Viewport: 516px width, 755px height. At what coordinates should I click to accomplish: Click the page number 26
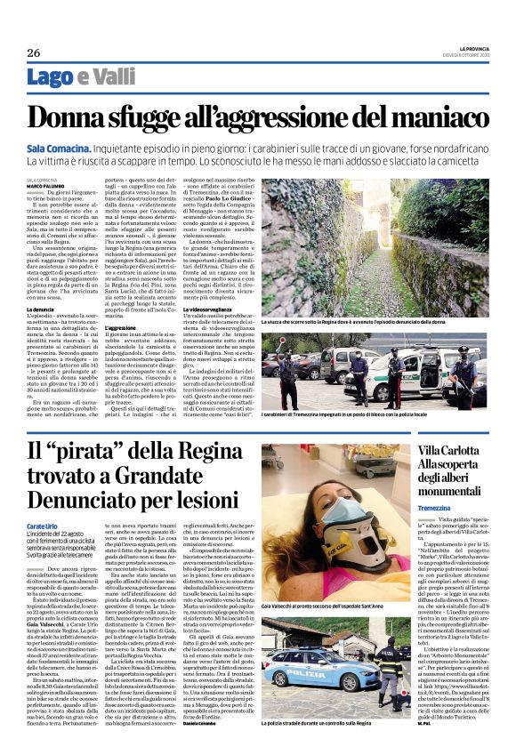[x=33, y=53]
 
